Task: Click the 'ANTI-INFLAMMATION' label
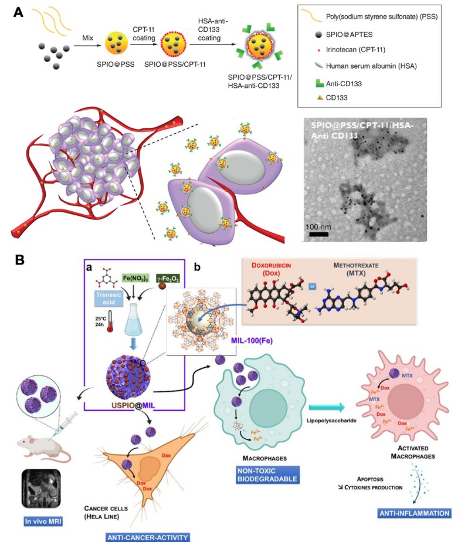[415, 513]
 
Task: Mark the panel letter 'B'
[20, 258]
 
